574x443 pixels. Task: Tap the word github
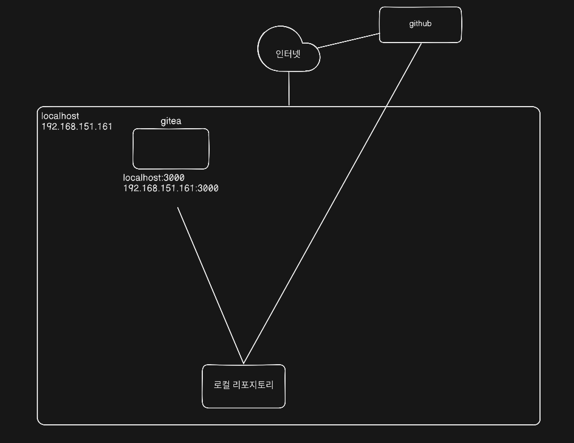pyautogui.click(x=420, y=24)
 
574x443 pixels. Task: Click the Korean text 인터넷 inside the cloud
pyautogui.click(x=288, y=54)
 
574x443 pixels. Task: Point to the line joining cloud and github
pyautogui.click(x=348, y=41)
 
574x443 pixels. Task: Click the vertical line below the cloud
pyautogui.click(x=289, y=88)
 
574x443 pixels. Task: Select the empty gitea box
pyautogui.click(x=171, y=149)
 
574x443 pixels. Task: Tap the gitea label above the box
pyautogui.click(x=171, y=121)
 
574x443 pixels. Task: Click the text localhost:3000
pyautogui.click(x=154, y=178)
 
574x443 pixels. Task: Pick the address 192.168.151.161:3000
pyautogui.click(x=171, y=188)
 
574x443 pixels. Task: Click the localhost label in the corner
pyautogui.click(x=60, y=116)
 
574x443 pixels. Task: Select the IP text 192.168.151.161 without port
pyautogui.click(x=76, y=126)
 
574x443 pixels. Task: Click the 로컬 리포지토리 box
pyautogui.click(x=244, y=397)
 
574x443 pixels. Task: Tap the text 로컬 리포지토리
pyautogui.click(x=244, y=385)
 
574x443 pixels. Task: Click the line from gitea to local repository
pyautogui.click(x=210, y=284)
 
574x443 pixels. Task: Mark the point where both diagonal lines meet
pyautogui.click(x=244, y=363)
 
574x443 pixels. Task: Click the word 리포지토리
pyautogui.click(x=253, y=385)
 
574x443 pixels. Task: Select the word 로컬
pyautogui.click(x=222, y=385)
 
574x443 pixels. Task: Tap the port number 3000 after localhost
pyautogui.click(x=174, y=178)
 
